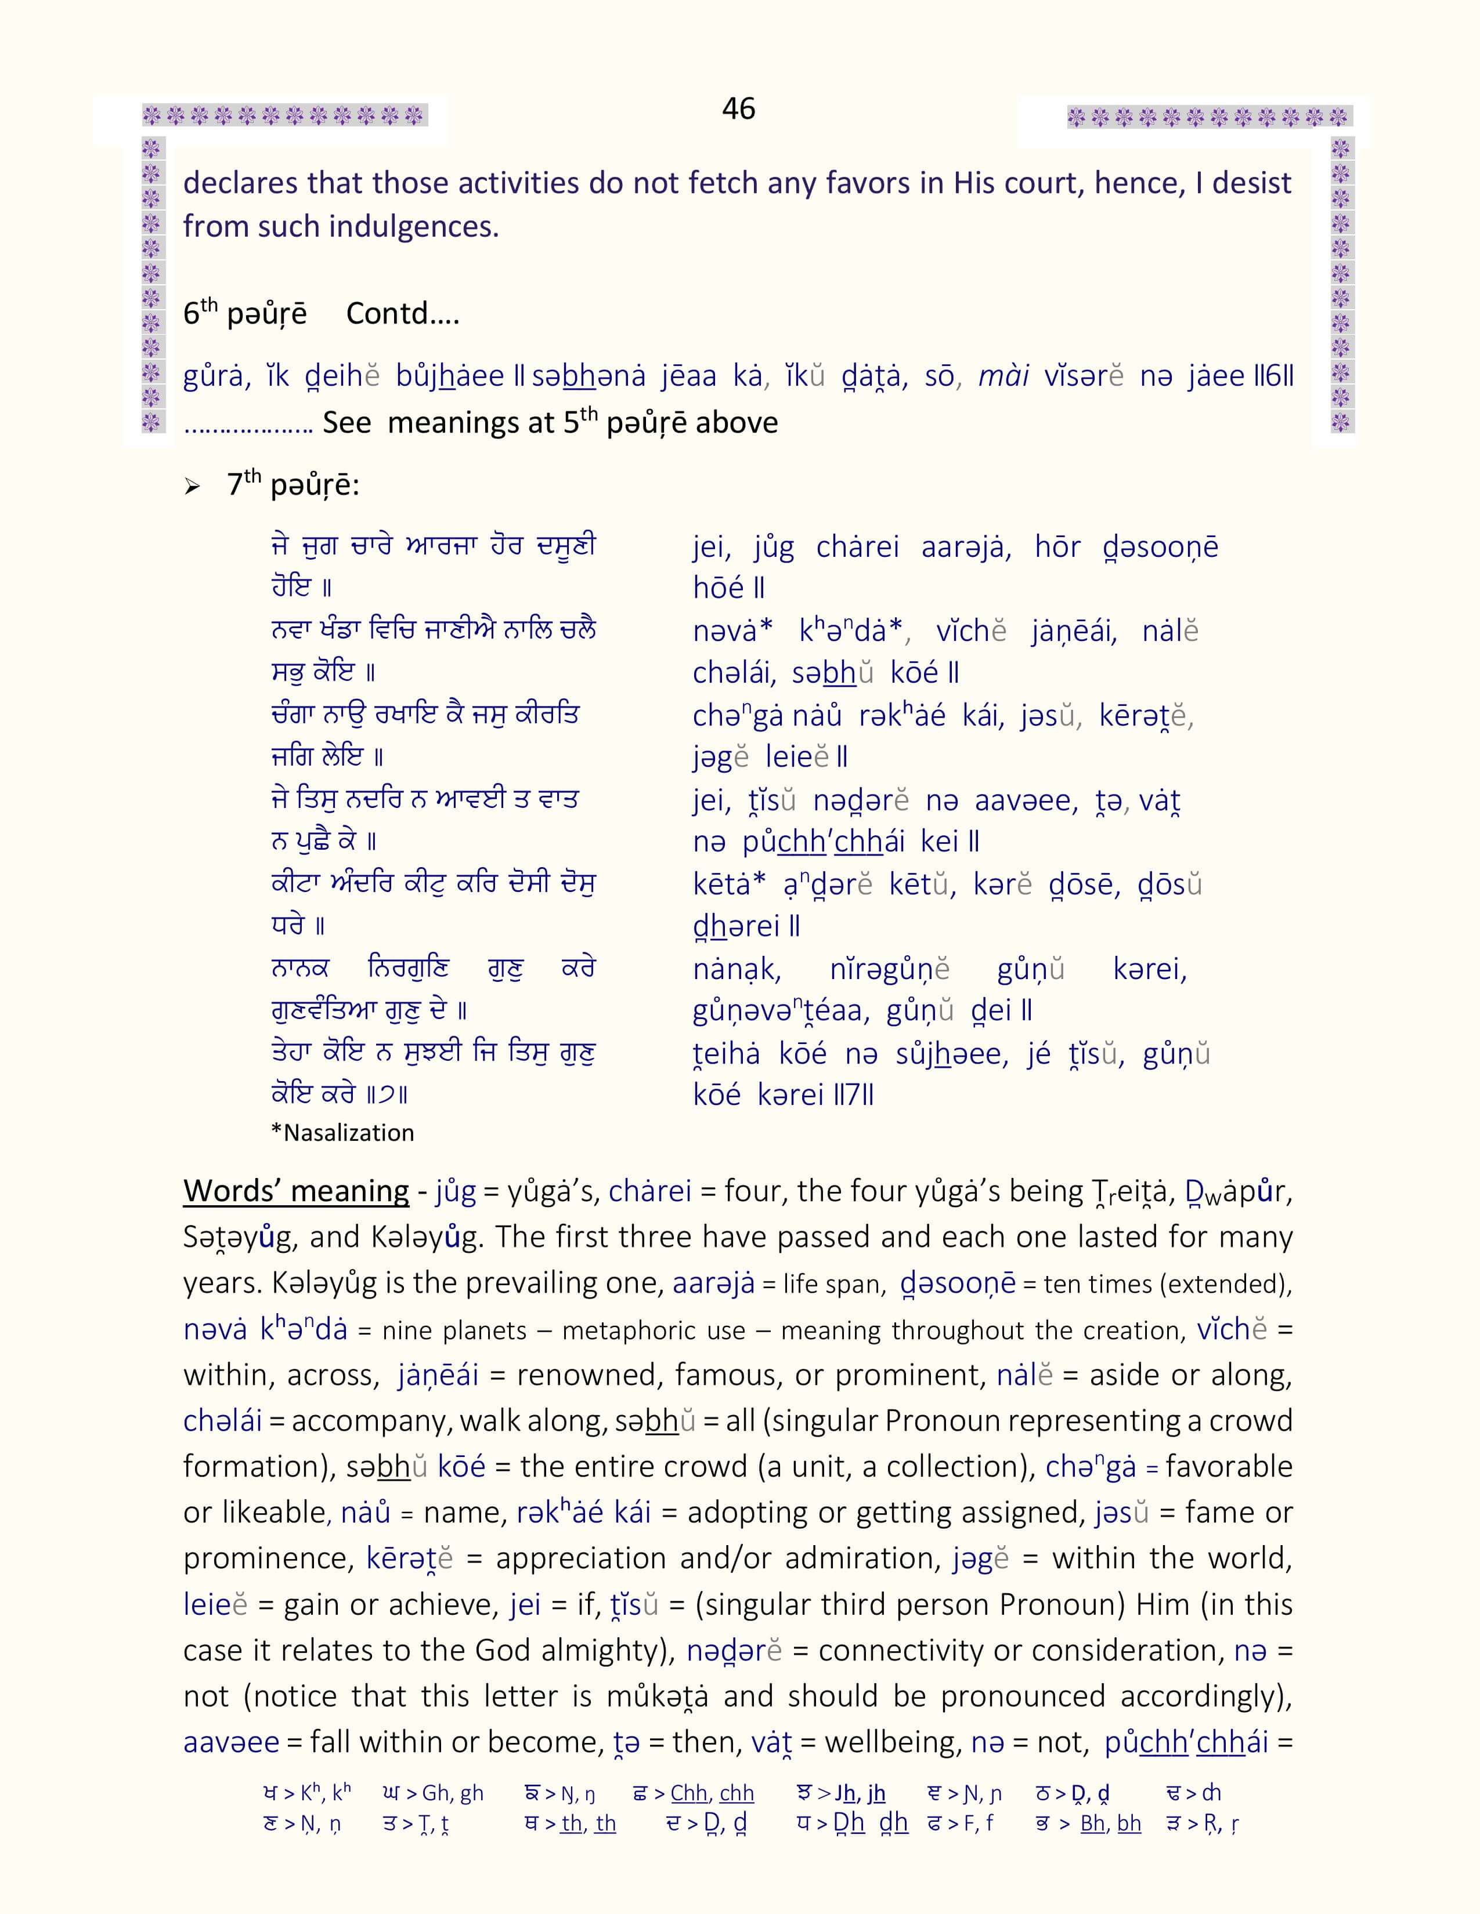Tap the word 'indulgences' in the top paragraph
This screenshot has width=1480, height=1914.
[x=413, y=227]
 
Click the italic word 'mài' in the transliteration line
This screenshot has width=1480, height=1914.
[x=1002, y=376]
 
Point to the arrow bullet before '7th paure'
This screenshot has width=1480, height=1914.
[x=192, y=487]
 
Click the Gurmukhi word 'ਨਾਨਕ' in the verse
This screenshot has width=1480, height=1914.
[x=300, y=969]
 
